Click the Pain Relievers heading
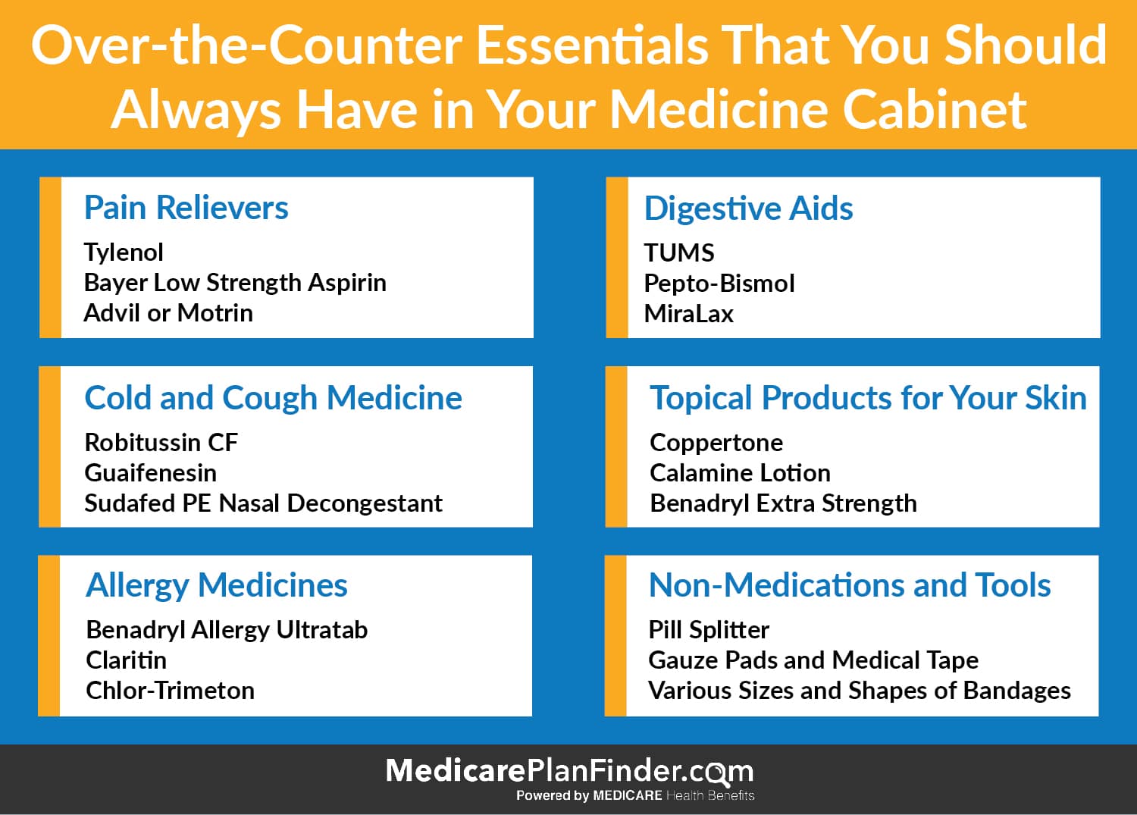coord(186,208)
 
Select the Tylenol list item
coord(124,253)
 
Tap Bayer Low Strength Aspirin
coord(235,283)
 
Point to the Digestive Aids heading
coord(748,208)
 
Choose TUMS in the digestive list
coord(679,253)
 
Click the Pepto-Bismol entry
coord(719,284)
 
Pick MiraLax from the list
coord(689,314)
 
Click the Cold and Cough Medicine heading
coord(273,397)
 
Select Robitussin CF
coord(161,442)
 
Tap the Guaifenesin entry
coord(150,473)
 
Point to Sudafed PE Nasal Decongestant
coord(264,503)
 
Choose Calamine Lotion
coord(740,473)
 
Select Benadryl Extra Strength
coord(783,503)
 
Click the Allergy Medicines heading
coord(217,586)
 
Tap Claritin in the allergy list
coord(127,660)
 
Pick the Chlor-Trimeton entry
coord(170,691)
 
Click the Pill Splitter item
coord(709,631)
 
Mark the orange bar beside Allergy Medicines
coord(49,636)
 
